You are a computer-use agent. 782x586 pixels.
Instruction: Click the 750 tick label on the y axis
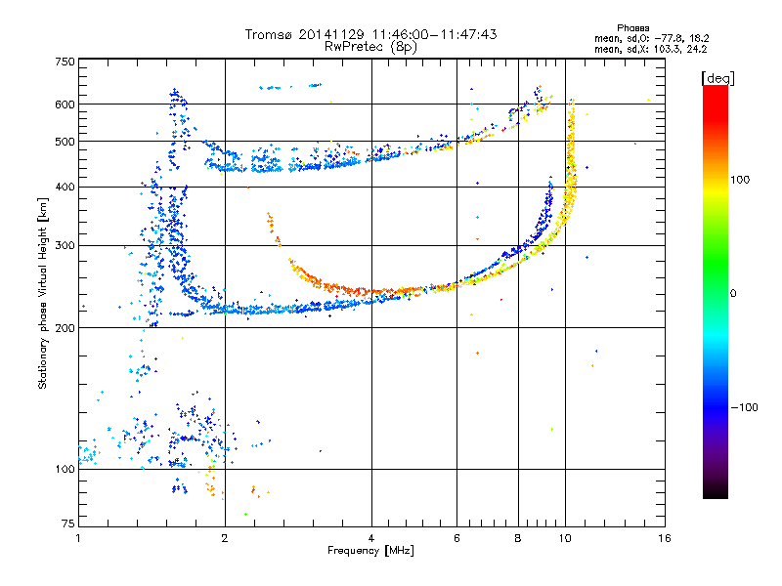pyautogui.click(x=65, y=62)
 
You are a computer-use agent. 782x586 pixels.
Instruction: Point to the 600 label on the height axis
pyautogui.click(x=65, y=105)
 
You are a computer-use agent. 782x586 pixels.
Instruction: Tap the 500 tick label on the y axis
pyautogui.click(x=65, y=142)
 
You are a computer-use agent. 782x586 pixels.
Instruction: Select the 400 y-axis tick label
pyautogui.click(x=65, y=188)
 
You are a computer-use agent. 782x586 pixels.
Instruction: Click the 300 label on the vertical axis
pyautogui.click(x=65, y=246)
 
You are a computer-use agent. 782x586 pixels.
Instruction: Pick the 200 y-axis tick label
pyautogui.click(x=65, y=328)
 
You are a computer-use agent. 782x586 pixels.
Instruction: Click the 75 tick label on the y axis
pyautogui.click(x=68, y=523)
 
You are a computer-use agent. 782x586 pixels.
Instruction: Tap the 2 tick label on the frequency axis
pyautogui.click(x=225, y=538)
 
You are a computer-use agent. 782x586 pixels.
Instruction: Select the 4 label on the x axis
pyautogui.click(x=371, y=538)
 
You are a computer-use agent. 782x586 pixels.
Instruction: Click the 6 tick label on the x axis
pyautogui.click(x=456, y=538)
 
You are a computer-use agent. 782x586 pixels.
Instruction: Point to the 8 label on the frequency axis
pyautogui.click(x=518, y=538)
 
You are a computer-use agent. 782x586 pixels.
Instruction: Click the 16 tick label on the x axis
pyautogui.click(x=665, y=538)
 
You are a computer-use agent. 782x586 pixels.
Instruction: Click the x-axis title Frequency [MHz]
pyautogui.click(x=371, y=551)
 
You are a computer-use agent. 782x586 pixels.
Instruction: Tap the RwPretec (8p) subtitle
pyautogui.click(x=370, y=47)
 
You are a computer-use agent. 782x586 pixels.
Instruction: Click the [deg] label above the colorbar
pyautogui.click(x=717, y=79)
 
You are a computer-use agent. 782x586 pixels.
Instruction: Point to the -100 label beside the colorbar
pyautogui.click(x=744, y=407)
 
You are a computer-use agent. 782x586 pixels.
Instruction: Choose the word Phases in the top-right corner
pyautogui.click(x=632, y=28)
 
